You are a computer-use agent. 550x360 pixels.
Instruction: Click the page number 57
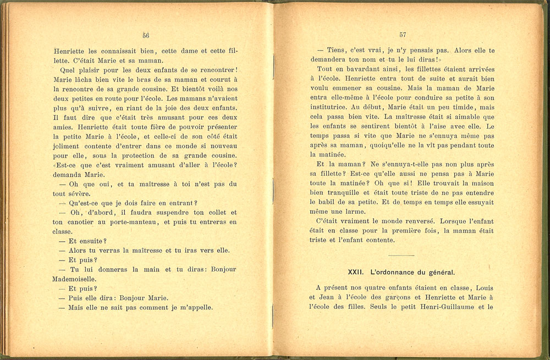point(403,34)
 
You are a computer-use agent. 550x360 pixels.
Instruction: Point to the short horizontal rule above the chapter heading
point(401,256)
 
